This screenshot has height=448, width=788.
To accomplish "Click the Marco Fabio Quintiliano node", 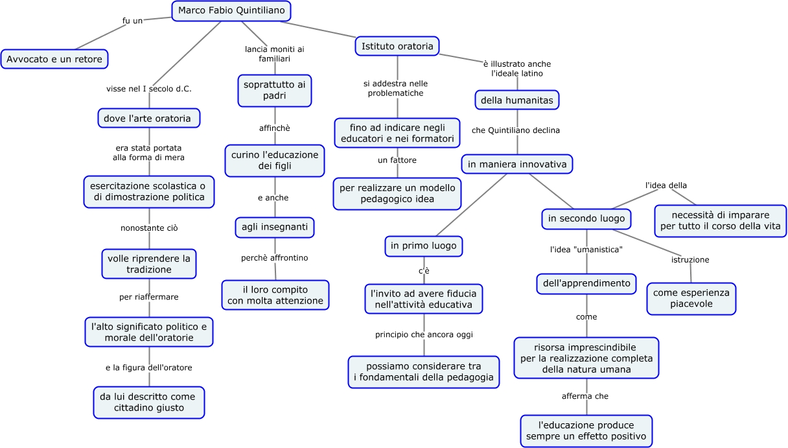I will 231,11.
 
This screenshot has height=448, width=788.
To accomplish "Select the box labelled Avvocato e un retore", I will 54,59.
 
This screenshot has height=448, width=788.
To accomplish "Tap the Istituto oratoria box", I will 397,46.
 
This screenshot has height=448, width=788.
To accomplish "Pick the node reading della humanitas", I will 516,100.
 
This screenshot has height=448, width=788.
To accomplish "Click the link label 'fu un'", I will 132,21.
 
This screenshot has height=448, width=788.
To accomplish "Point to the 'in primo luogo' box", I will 424,246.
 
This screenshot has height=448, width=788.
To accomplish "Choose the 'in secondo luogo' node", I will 586,218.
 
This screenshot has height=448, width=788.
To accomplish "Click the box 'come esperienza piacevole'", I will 691,298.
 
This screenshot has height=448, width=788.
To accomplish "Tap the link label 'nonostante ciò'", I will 149,228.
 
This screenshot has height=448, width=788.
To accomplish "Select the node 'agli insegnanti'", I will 274,228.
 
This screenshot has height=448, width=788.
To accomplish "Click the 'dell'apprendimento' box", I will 586,283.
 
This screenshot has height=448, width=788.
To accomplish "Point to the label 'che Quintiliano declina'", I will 516,130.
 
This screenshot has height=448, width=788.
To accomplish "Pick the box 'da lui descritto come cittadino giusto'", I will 149,402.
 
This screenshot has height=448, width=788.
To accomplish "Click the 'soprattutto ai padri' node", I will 275,91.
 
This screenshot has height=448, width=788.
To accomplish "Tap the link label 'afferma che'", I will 585,396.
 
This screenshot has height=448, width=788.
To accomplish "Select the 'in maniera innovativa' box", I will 517,164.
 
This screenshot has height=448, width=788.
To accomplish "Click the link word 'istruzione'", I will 690,260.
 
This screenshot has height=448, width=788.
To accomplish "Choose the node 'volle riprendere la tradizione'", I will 149,264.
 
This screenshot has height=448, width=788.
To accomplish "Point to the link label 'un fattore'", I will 397,160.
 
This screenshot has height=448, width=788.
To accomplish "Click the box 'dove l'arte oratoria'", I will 149,118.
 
